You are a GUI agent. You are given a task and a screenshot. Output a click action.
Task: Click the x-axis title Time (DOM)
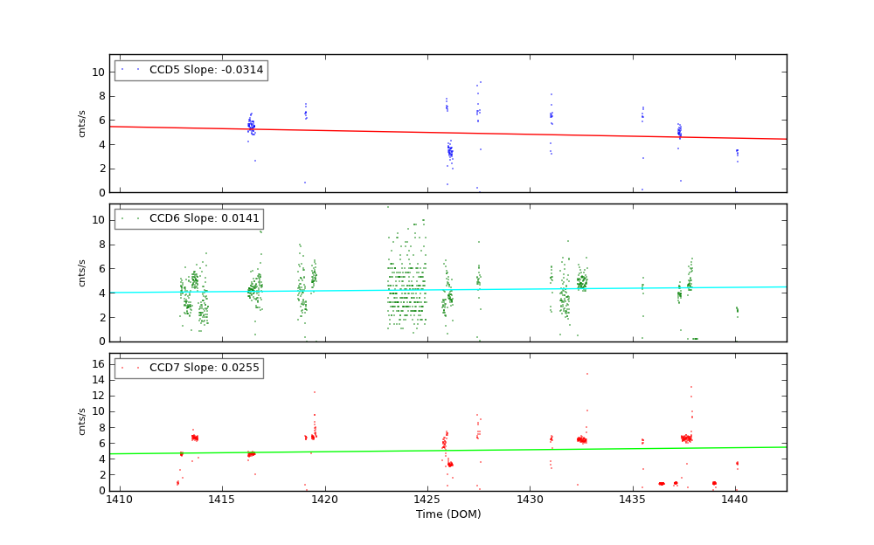(447, 514)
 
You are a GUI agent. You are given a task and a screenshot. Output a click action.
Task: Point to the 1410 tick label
(120, 500)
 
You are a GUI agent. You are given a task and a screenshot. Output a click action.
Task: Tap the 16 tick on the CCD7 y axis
(99, 363)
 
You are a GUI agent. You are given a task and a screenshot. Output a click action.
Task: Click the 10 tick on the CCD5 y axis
(99, 72)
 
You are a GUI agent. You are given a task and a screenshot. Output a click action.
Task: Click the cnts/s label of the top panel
(82, 123)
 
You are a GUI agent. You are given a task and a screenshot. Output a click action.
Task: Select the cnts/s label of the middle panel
(82, 272)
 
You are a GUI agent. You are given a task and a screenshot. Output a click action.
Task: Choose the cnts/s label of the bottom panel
(82, 422)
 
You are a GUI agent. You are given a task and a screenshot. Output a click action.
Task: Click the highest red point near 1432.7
(586, 374)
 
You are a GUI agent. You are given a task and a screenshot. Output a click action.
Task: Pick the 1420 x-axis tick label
(325, 500)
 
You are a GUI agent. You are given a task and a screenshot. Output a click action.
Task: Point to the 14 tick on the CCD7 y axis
(99, 379)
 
